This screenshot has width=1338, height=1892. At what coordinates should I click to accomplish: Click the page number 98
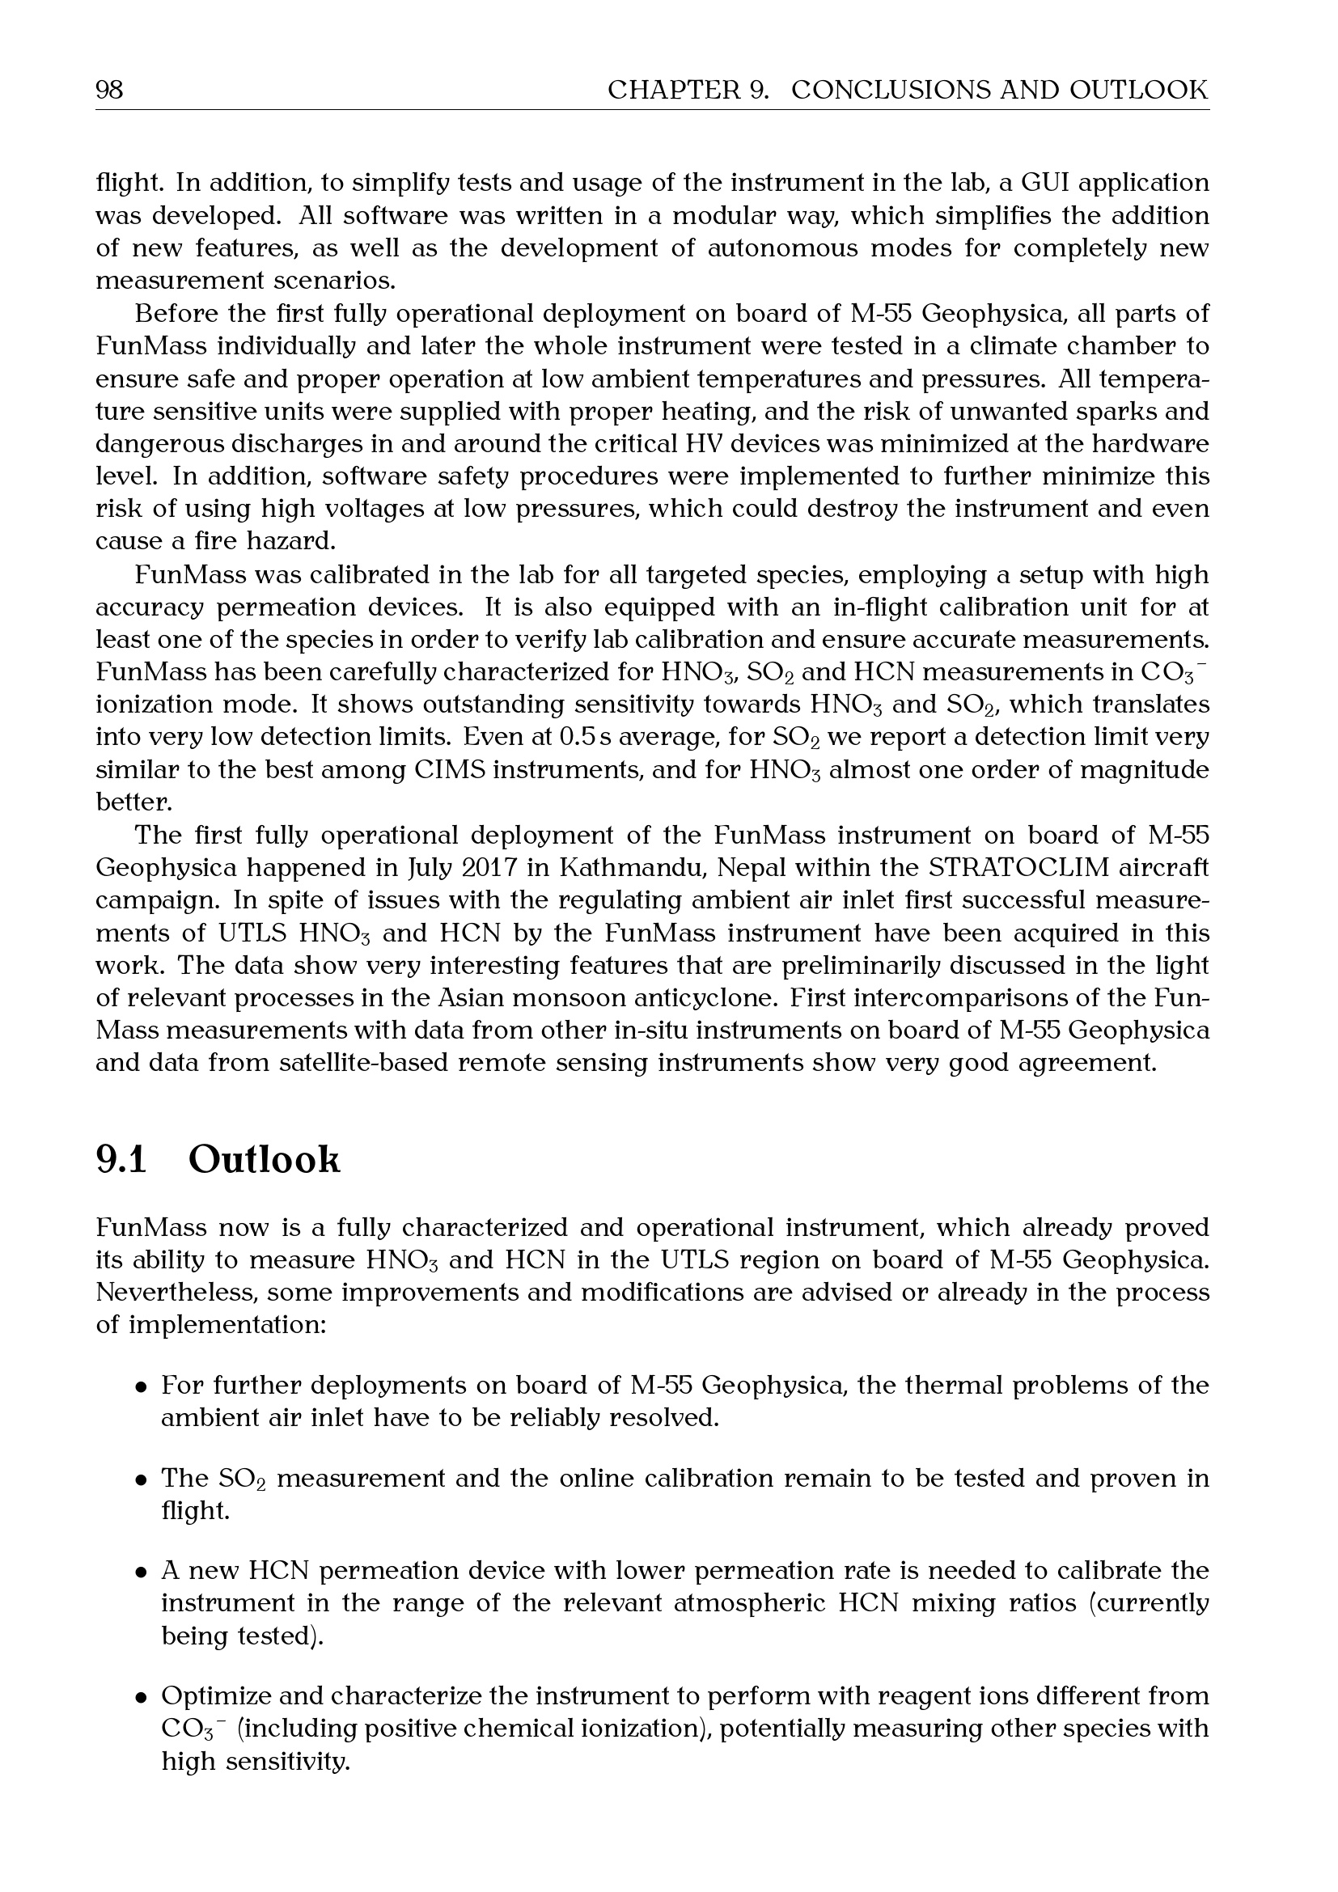tap(109, 89)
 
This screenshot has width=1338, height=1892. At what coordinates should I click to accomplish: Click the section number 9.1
tap(121, 1160)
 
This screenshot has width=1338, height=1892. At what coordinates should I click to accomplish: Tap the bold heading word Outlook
tap(264, 1160)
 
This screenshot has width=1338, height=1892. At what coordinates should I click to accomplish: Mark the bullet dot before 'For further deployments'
tap(142, 1388)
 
